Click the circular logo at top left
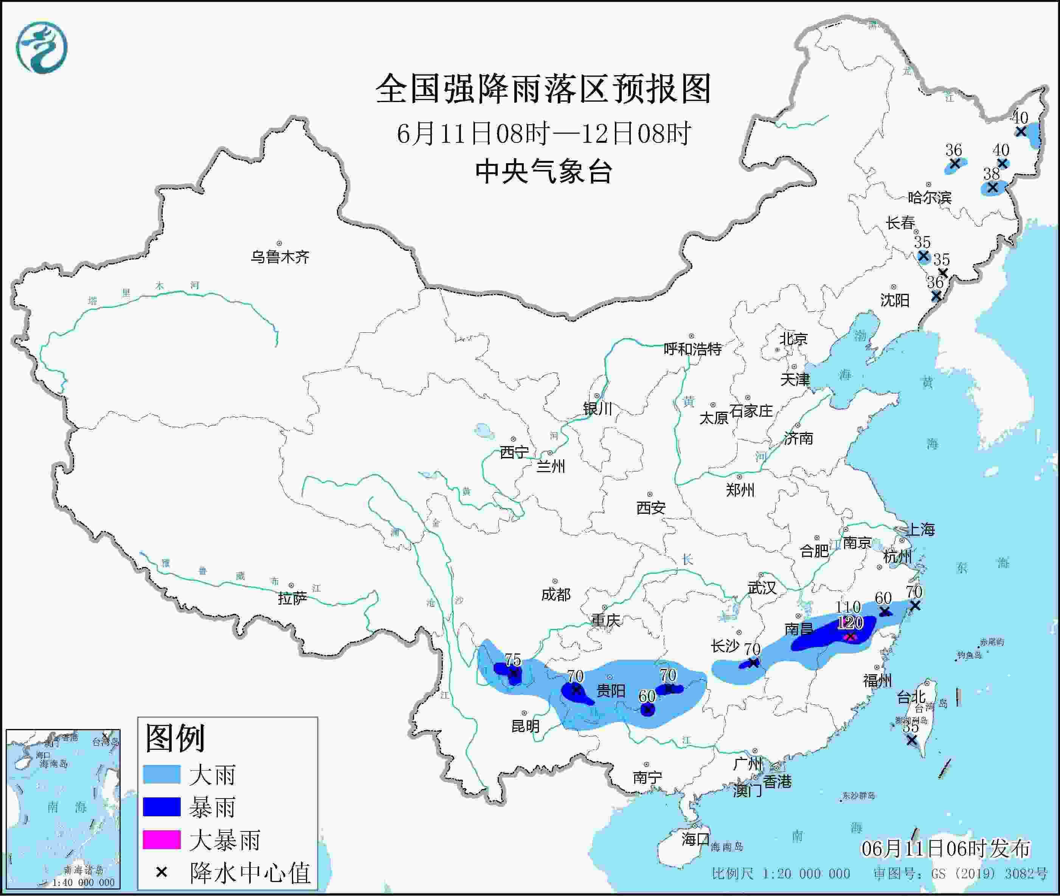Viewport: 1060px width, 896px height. (42, 47)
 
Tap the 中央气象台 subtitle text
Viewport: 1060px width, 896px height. (543, 171)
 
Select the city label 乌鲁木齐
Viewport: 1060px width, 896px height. (279, 257)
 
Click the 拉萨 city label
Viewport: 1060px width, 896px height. (292, 598)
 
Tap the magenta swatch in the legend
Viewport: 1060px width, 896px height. (161, 839)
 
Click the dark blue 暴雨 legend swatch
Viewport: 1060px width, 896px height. (161, 806)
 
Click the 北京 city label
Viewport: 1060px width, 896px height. (793, 339)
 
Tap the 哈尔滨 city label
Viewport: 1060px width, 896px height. (929, 197)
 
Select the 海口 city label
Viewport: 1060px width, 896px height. (695, 839)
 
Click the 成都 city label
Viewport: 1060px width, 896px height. (556, 594)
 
